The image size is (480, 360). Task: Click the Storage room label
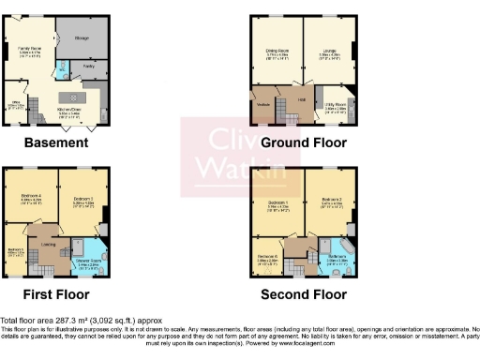81,38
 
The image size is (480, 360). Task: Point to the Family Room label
31,50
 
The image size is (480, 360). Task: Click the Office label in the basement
16,104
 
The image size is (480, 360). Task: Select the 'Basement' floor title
56,143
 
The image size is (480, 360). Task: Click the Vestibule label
262,105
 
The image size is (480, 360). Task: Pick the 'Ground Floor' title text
304,143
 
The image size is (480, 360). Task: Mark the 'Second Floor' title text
304,293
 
